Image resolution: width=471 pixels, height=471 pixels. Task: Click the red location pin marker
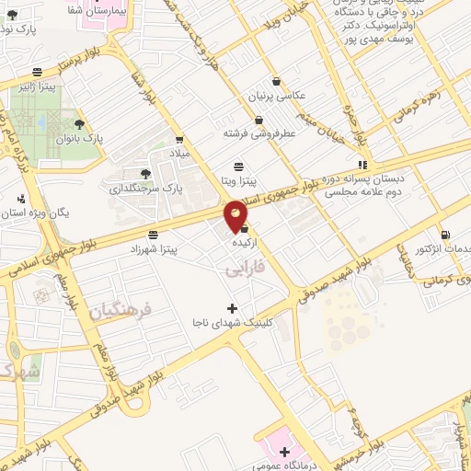(236, 215)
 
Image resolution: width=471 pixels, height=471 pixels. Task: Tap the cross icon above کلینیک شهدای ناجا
(232, 307)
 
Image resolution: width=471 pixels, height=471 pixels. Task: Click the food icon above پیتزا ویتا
(239, 166)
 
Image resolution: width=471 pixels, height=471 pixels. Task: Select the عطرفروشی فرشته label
(259, 132)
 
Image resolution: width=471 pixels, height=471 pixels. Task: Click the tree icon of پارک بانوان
(80, 122)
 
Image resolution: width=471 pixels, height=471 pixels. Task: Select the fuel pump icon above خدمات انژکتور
(445, 235)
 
